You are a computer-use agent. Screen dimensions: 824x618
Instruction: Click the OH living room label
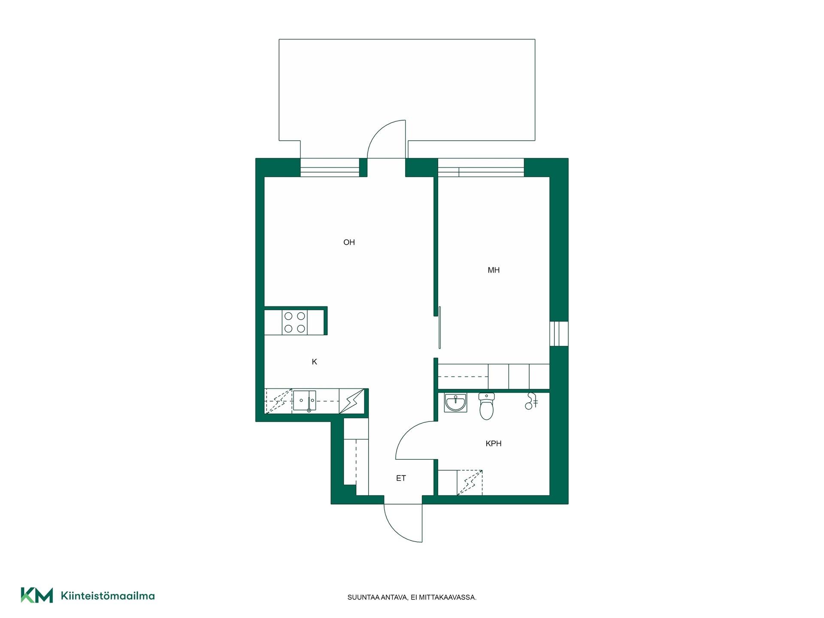point(349,242)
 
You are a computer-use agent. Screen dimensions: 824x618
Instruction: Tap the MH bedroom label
point(494,270)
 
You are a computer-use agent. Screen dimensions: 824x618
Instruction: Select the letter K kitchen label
point(315,362)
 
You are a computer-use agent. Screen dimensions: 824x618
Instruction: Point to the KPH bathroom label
point(494,444)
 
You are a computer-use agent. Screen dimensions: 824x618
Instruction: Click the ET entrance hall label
point(401,478)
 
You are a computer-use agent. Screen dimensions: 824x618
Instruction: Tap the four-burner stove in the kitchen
point(295,322)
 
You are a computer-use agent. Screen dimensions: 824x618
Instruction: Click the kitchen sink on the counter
point(304,401)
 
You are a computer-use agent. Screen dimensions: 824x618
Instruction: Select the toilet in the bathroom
point(486,406)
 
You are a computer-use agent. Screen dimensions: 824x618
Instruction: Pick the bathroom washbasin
point(455,403)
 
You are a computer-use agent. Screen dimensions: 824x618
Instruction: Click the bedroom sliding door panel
point(440,327)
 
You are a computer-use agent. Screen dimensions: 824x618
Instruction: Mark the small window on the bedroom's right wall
point(559,333)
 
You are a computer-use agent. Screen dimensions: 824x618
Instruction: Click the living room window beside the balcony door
point(330,167)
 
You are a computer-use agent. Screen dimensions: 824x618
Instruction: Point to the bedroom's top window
point(481,167)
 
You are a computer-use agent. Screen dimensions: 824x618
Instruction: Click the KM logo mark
point(37,595)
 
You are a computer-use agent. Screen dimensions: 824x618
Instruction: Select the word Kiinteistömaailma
point(108,596)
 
